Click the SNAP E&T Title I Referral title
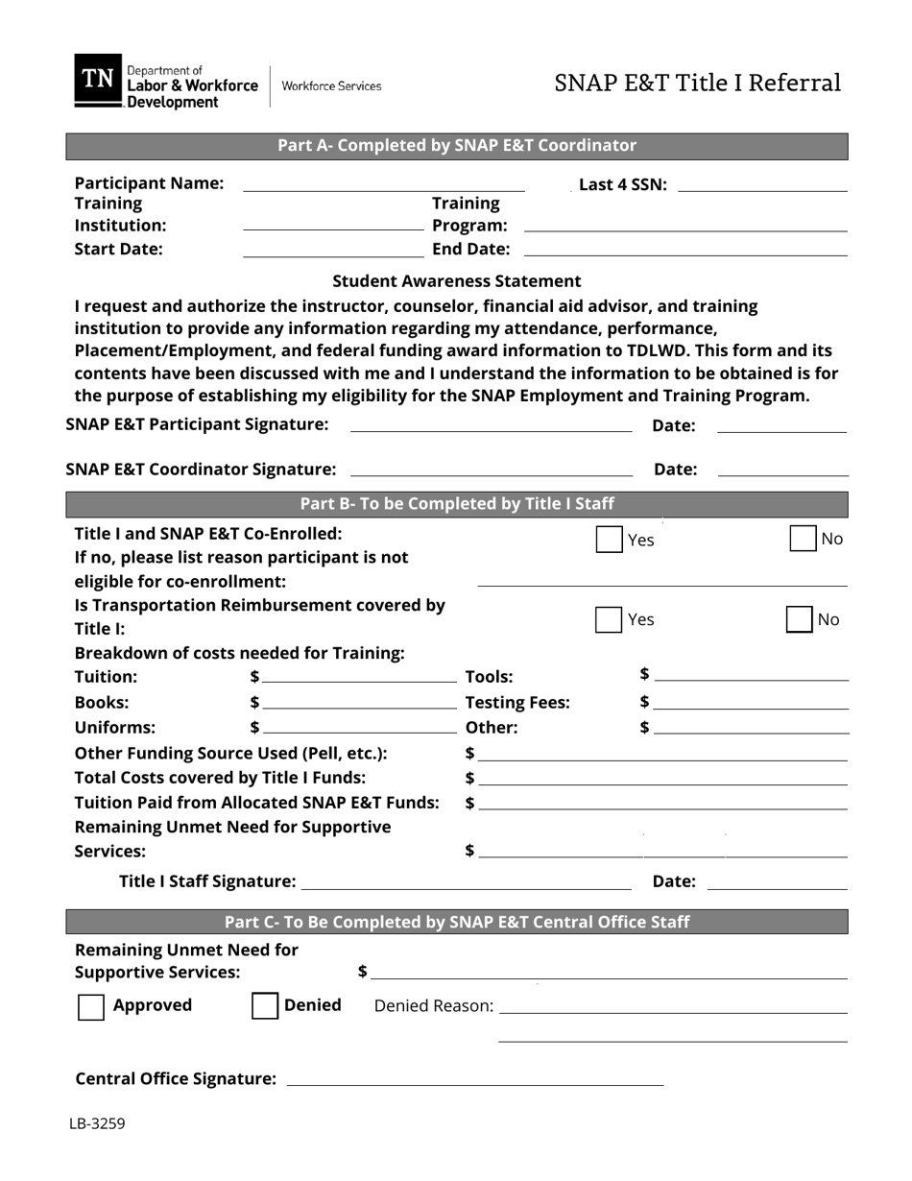[x=698, y=84]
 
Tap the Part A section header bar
[x=457, y=146]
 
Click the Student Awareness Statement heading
[x=457, y=281]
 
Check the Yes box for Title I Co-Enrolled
[x=609, y=539]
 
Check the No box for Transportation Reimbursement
[x=799, y=619]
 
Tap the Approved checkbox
[x=90, y=1006]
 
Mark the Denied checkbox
[x=264, y=1006]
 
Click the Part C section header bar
[x=457, y=923]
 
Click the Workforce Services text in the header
[x=331, y=86]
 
